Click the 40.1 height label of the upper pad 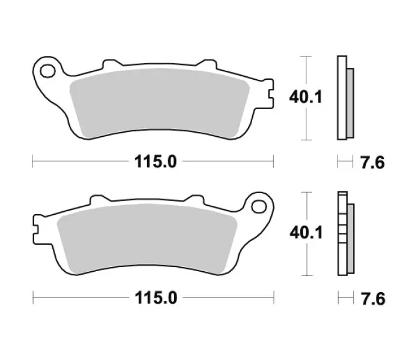pos(306,97)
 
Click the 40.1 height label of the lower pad pos(306,232)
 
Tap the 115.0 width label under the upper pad pos(156,161)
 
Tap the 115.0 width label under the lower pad pos(156,298)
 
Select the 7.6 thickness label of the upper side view pos(372,162)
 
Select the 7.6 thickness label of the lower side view pos(373,298)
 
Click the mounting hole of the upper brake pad pos(47,71)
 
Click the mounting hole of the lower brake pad pos(259,206)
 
